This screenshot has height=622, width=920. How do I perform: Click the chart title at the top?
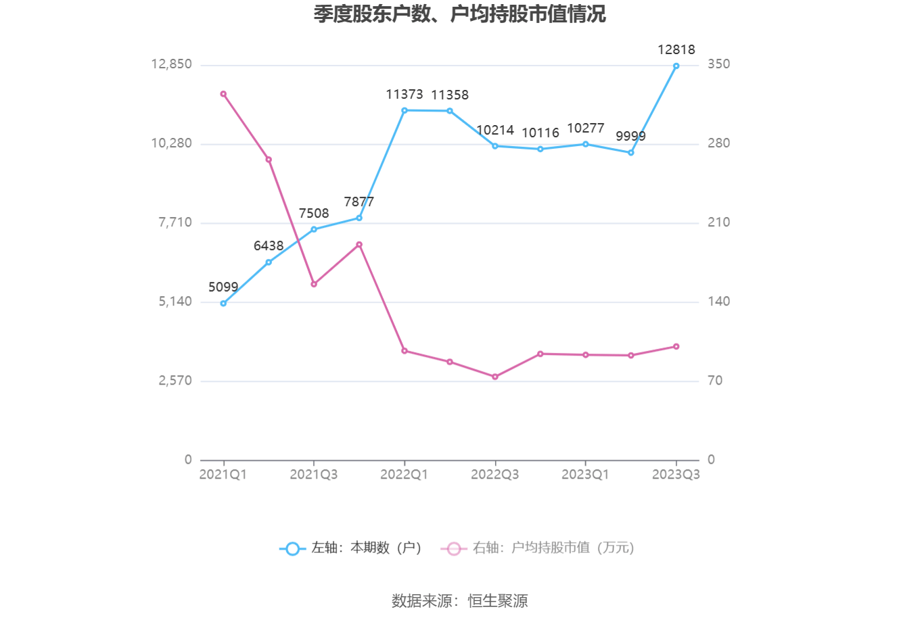pos(459,14)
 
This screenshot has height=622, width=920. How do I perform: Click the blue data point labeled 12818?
pos(676,66)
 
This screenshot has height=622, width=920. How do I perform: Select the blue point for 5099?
pos(223,304)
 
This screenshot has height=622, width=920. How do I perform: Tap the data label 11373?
pos(405,95)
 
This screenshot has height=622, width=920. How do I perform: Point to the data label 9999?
pos(630,137)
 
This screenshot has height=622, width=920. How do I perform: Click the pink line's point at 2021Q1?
pos(223,94)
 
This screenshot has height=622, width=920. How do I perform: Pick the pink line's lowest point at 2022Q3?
pos(495,377)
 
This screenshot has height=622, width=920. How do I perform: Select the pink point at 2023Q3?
pos(676,347)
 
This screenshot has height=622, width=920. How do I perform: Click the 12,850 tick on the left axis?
pos(171,64)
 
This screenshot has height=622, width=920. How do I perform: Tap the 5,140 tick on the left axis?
pos(175,302)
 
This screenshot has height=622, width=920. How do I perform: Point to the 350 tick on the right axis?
pos(718,64)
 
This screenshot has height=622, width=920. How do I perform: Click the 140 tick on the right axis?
pos(718,302)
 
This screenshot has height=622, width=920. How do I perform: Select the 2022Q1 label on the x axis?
pos(404,475)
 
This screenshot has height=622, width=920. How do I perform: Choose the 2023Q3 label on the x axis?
pos(676,475)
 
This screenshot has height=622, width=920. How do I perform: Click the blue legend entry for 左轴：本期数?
pos(351,548)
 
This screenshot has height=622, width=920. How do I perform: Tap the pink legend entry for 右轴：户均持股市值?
pos(538,548)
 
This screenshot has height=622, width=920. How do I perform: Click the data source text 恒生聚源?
pos(498,600)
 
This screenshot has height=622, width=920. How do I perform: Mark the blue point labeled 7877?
pos(359,218)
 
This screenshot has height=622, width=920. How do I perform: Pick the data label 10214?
pos(495,130)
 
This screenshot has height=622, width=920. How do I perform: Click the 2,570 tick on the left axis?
pos(175,381)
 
